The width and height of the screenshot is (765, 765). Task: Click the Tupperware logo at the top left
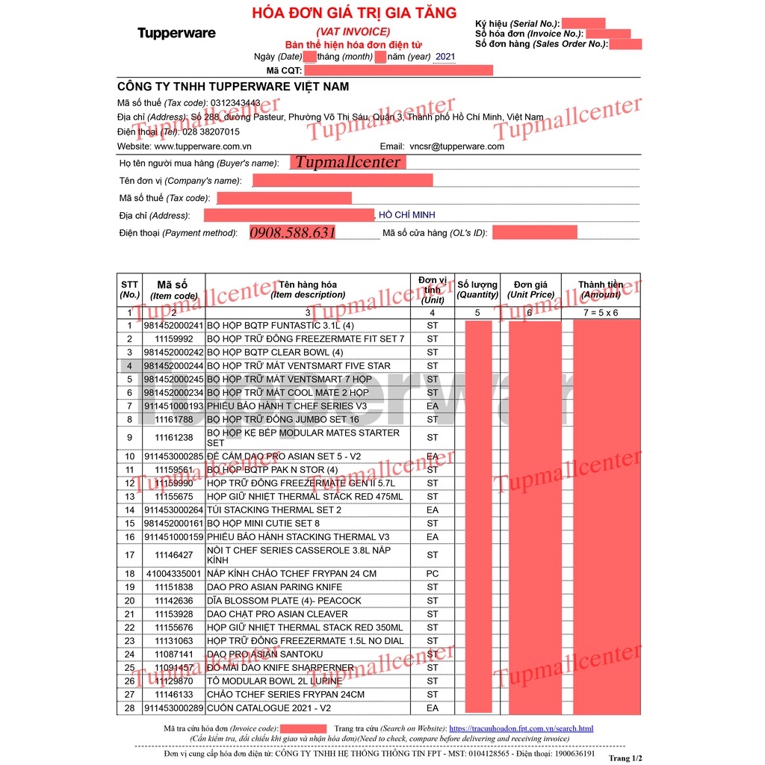pos(176,33)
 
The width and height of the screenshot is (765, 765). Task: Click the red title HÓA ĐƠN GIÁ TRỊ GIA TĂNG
pos(354,13)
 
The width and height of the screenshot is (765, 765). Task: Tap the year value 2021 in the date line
pos(445,57)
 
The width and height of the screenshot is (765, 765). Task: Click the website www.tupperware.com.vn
pos(202,146)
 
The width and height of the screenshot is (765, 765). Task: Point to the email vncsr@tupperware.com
pos(456,146)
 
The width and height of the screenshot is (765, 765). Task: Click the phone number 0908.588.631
pos(293,233)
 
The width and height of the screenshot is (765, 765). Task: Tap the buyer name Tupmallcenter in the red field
pos(347,162)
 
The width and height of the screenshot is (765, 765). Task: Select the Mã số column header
pos(173,289)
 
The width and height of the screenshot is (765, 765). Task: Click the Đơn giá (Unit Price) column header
pos(530,289)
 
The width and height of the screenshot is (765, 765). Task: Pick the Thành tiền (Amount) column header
pos(601,289)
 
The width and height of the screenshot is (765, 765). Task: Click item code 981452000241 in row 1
pos(173,326)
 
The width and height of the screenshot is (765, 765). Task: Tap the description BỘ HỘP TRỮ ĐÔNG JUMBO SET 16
pos(283,419)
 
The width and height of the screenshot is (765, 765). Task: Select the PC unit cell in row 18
pos(433,574)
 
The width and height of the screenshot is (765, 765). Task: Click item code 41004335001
pos(173,574)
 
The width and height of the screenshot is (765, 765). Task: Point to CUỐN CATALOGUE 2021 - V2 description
pos(268,707)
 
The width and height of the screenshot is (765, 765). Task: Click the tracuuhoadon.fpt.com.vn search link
pos(521,728)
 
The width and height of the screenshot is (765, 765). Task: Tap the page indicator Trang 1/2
pos(625,758)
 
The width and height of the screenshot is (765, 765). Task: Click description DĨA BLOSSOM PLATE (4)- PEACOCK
pos(284,601)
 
